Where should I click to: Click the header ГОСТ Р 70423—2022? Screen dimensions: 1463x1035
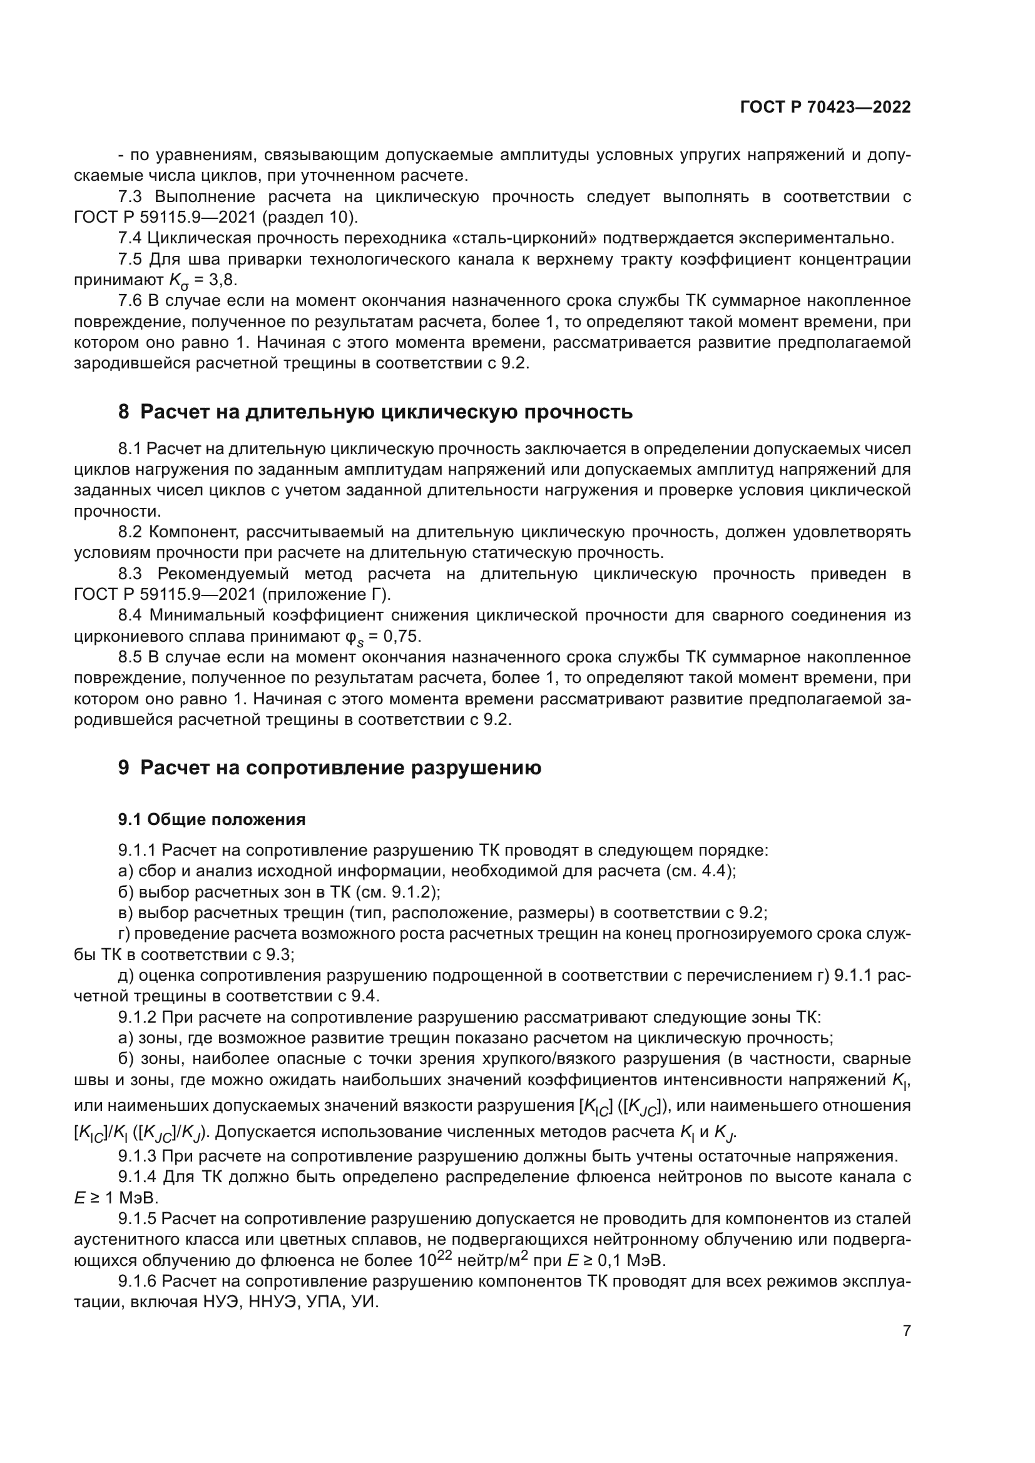click(x=825, y=107)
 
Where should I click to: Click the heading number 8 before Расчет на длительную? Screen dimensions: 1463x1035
click(x=124, y=412)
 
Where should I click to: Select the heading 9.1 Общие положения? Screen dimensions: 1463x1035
click(x=212, y=819)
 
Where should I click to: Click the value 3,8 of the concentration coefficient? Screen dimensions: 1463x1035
click(x=223, y=280)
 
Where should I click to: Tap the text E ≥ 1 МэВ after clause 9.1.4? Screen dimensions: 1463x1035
click(x=115, y=1198)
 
